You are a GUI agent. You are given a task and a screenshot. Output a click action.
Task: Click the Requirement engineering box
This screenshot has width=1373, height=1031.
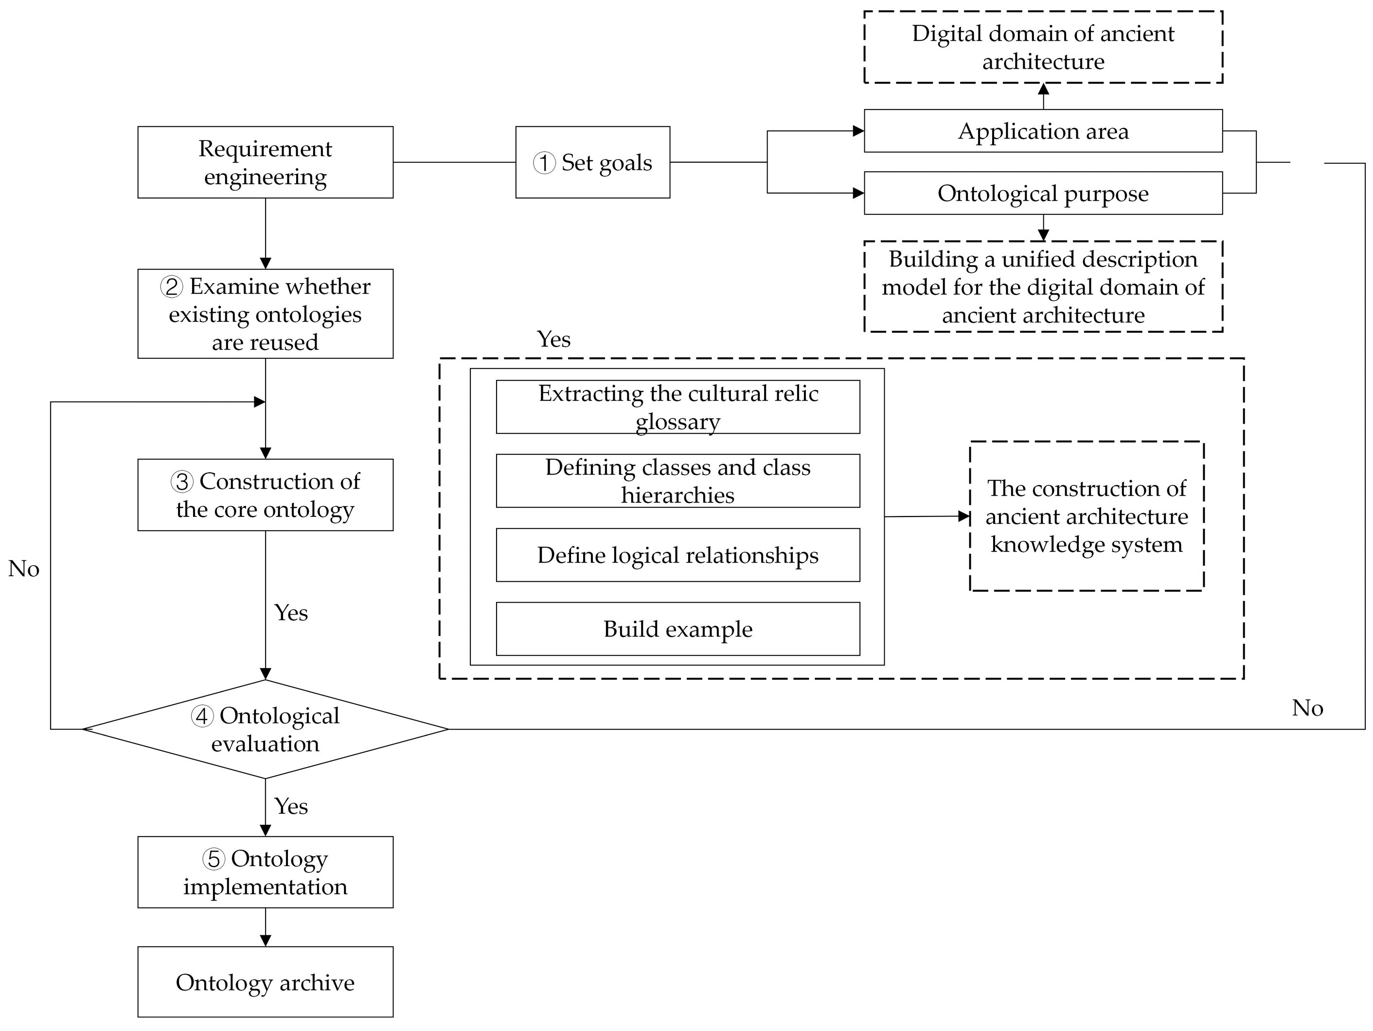coord(265,162)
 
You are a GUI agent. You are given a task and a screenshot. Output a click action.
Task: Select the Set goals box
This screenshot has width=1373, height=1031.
coord(592,162)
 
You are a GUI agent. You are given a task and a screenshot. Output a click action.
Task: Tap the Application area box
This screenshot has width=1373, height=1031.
coord(1043,131)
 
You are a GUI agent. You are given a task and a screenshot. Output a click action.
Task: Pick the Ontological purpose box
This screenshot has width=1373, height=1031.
coord(1043,193)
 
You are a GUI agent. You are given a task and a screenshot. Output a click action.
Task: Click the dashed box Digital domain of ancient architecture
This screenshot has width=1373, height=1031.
coord(1043,47)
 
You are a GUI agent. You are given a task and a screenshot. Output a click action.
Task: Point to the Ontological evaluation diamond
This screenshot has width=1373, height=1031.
coord(265,729)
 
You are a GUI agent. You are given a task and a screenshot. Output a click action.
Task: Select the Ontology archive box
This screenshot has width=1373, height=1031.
coord(265,982)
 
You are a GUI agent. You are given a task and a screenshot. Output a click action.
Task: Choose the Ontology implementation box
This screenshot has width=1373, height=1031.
coord(265,872)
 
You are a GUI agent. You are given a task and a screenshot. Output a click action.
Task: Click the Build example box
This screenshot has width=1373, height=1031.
coord(678,629)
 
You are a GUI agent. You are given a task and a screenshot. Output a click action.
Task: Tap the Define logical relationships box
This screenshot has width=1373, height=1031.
coord(678,555)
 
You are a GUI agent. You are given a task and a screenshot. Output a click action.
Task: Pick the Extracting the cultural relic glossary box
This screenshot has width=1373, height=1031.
coord(678,407)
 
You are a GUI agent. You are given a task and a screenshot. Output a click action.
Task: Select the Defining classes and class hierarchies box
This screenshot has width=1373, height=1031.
coord(678,481)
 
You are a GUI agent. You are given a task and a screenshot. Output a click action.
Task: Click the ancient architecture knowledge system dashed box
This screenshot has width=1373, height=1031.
coord(1086,516)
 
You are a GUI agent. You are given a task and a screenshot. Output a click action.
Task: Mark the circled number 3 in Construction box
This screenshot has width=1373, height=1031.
coord(182,481)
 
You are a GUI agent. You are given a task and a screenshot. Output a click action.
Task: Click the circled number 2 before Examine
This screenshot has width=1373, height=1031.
coord(171,287)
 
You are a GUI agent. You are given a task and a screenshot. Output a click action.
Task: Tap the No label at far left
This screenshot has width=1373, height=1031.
coord(23,569)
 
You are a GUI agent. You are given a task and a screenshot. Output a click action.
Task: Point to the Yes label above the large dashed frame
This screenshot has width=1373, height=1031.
coord(553,339)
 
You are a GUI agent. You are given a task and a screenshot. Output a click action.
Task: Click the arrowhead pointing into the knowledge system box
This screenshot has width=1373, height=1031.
coord(964,516)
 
